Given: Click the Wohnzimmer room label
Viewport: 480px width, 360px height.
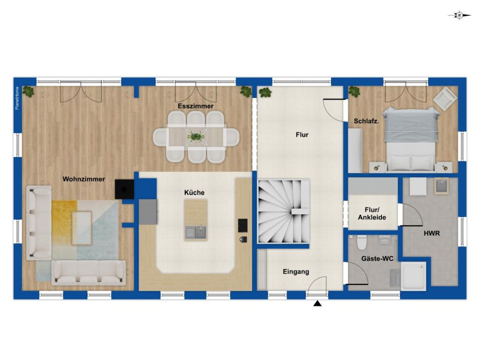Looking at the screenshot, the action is click(x=83, y=179).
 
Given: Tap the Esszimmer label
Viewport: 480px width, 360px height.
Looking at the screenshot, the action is click(x=195, y=106).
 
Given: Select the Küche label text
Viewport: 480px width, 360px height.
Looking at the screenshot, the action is click(x=195, y=193).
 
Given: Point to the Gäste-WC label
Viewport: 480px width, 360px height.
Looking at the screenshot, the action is click(x=377, y=259).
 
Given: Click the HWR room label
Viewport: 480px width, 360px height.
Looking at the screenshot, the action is click(x=432, y=233).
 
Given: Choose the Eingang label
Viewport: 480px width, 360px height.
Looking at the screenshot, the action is click(x=296, y=272).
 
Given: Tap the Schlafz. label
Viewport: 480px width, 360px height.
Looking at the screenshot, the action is click(x=366, y=121).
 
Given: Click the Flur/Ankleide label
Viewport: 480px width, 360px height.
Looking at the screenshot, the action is click(x=372, y=214).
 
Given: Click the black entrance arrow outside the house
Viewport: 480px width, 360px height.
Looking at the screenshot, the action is click(x=317, y=303).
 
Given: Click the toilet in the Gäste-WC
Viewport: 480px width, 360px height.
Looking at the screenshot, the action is click(x=362, y=243).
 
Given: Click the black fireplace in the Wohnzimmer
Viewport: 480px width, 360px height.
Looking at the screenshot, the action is click(x=124, y=189).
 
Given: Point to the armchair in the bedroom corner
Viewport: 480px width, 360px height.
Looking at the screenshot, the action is click(x=445, y=98).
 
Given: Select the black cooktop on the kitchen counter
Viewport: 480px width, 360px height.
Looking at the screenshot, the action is click(x=242, y=225).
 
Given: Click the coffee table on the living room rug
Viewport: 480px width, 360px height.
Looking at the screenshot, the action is click(x=82, y=228).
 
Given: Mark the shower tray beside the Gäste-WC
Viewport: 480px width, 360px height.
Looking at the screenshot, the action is click(x=414, y=276).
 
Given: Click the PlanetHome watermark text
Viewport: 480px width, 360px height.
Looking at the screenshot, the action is click(x=17, y=98).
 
